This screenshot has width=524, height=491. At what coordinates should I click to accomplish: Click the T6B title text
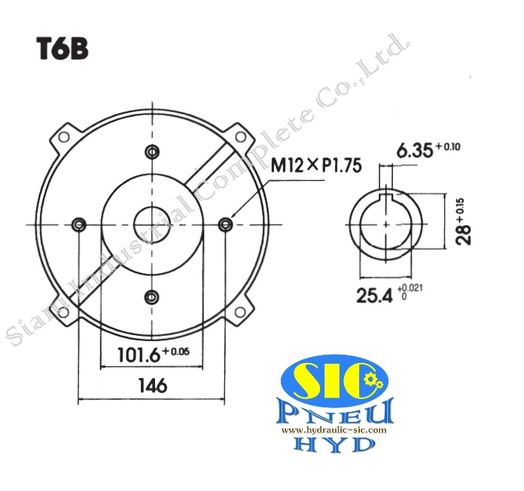[63, 49]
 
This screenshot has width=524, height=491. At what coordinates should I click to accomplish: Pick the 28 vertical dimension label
[468, 224]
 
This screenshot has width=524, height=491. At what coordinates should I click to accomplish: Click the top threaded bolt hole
[152, 151]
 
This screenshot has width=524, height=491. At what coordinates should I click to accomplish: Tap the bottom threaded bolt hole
[152, 297]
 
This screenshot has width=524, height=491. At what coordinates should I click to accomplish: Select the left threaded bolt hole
[78, 224]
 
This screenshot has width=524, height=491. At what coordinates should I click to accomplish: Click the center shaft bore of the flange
[152, 224]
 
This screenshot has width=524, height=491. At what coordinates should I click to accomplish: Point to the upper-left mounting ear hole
[63, 136]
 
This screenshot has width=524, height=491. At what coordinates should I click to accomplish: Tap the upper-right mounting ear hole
[241, 136]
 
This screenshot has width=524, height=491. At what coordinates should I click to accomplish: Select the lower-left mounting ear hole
[63, 311]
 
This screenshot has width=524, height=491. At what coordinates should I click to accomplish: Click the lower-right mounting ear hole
[241, 311]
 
